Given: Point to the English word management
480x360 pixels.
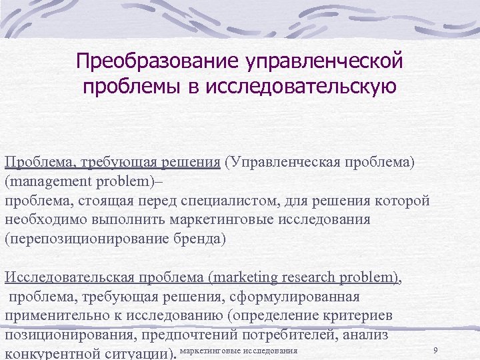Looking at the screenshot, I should pyautogui.click(x=46, y=182).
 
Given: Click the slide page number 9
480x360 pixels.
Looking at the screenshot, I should pyautogui.click(x=435, y=351).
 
